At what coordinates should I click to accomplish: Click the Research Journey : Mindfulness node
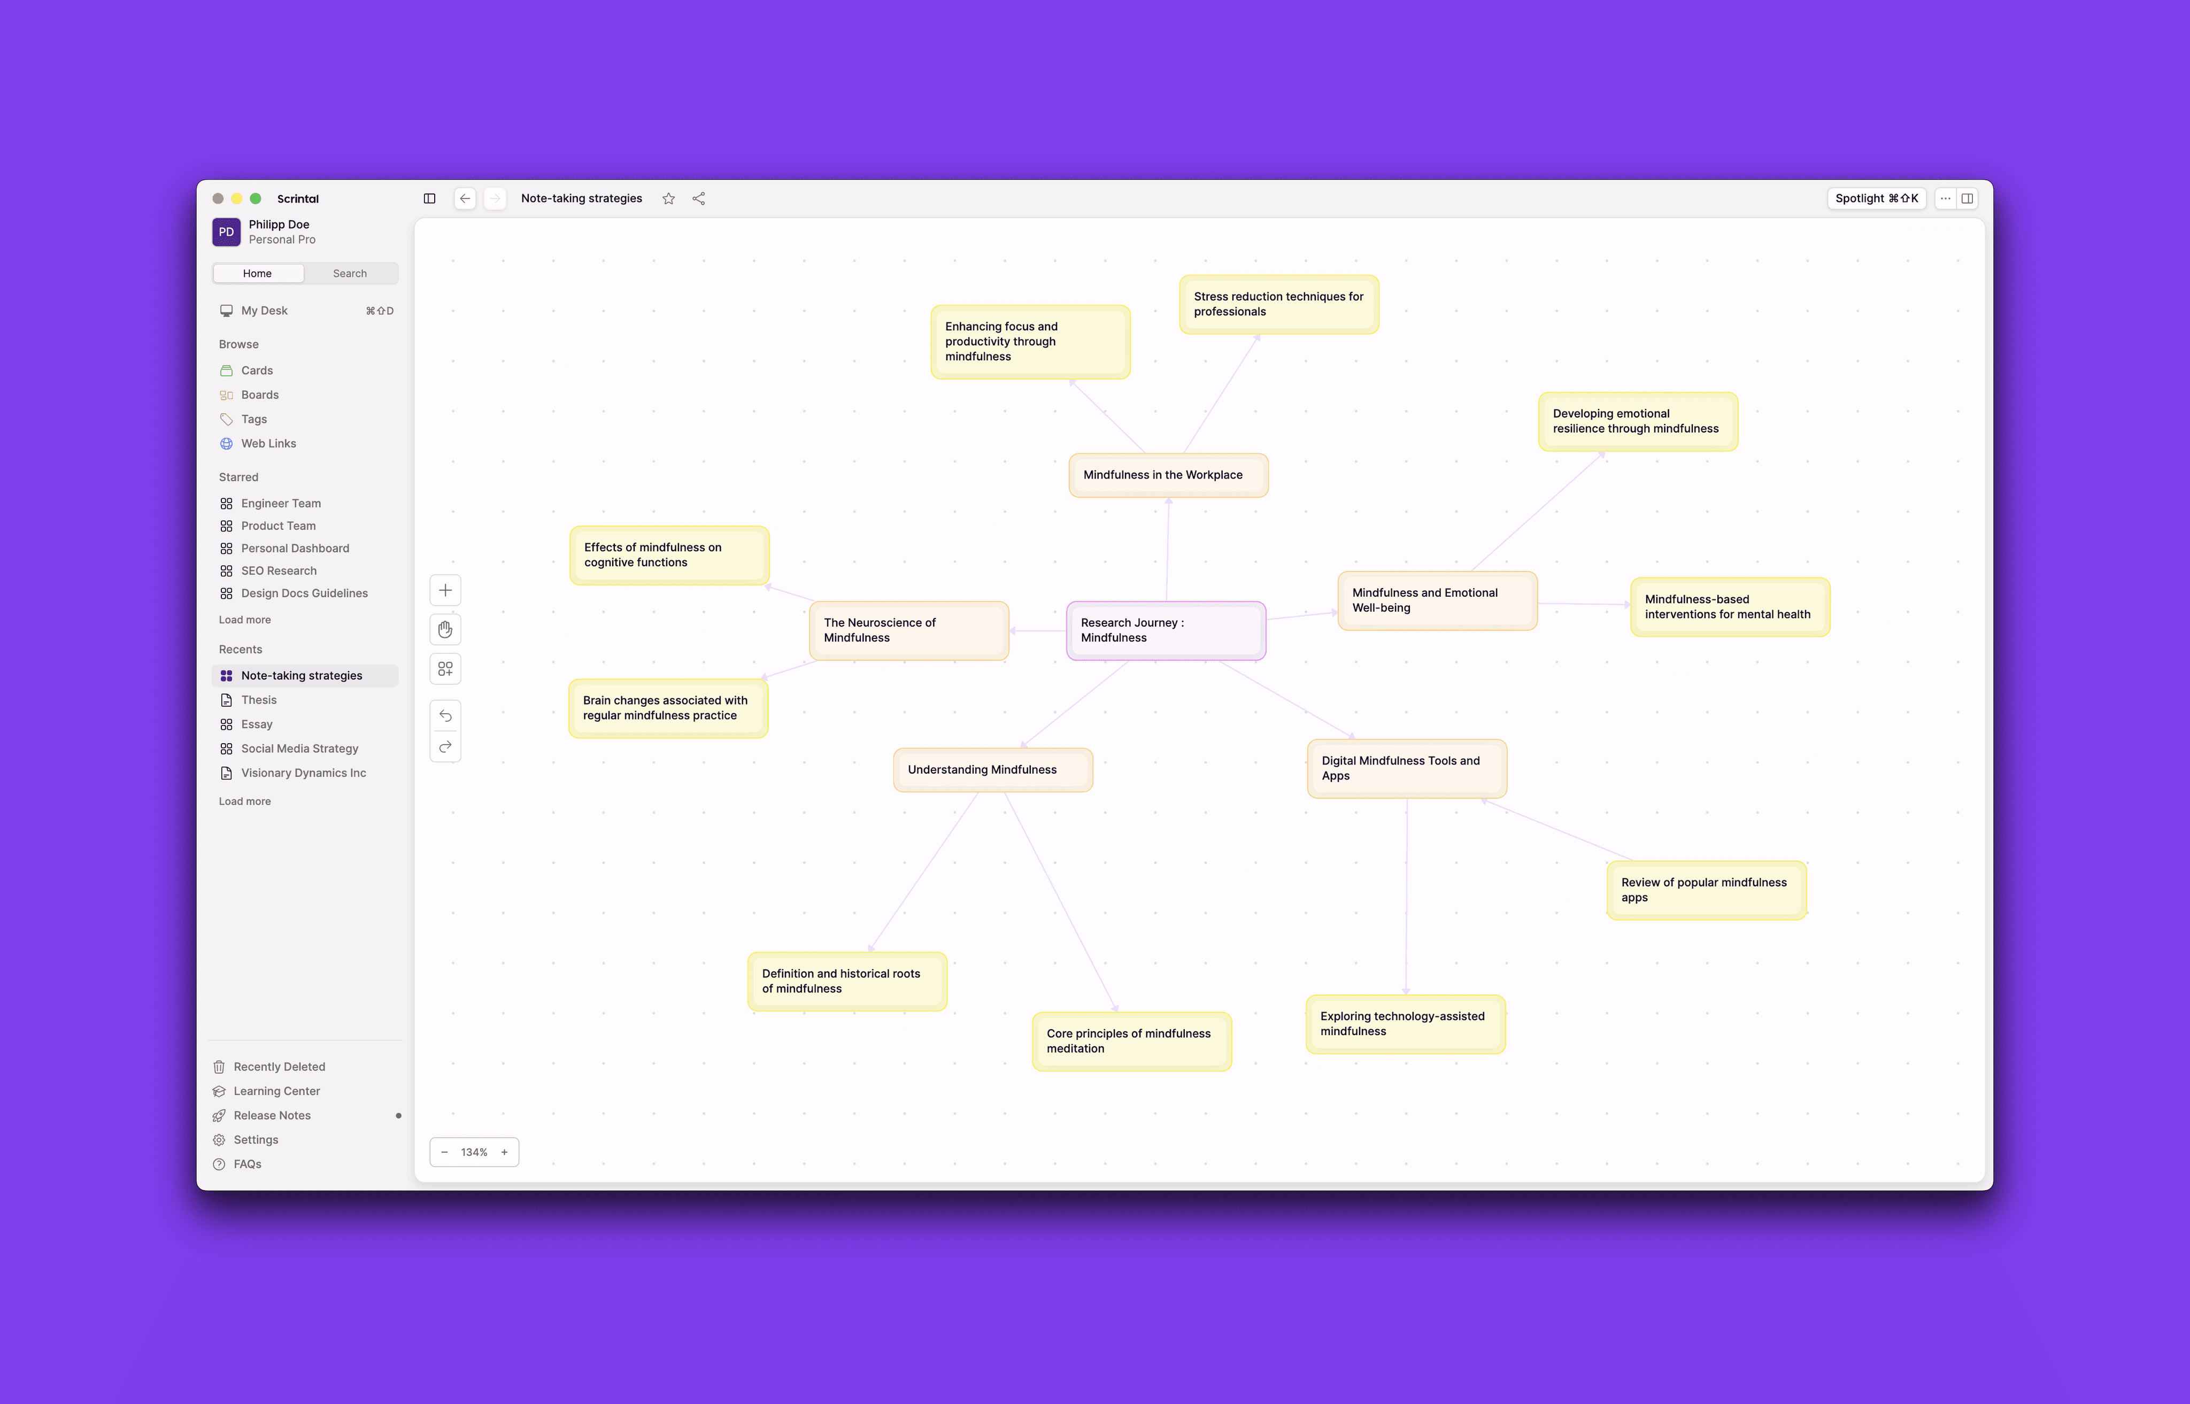pyautogui.click(x=1165, y=630)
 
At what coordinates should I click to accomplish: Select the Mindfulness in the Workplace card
pyautogui.click(x=1168, y=475)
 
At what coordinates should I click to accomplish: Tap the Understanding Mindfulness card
pyautogui.click(x=992, y=769)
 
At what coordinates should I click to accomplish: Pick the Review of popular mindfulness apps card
pyautogui.click(x=1705, y=890)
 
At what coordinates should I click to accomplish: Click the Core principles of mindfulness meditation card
pyautogui.click(x=1131, y=1040)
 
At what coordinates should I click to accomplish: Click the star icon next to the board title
pyautogui.click(x=668, y=199)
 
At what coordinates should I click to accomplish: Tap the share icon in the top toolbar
pyautogui.click(x=698, y=199)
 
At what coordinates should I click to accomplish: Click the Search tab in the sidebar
pyautogui.click(x=349, y=274)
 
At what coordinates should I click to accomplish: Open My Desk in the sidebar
pyautogui.click(x=265, y=311)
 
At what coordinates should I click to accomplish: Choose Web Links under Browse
pyautogui.click(x=268, y=444)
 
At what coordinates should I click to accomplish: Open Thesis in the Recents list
pyautogui.click(x=259, y=700)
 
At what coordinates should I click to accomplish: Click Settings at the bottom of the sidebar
pyautogui.click(x=255, y=1139)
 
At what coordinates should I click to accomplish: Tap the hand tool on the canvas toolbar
pyautogui.click(x=445, y=629)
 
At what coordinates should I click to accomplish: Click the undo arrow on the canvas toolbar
pyautogui.click(x=445, y=716)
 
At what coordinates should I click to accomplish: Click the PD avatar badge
pyautogui.click(x=226, y=232)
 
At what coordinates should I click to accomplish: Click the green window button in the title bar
pyautogui.click(x=255, y=199)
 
